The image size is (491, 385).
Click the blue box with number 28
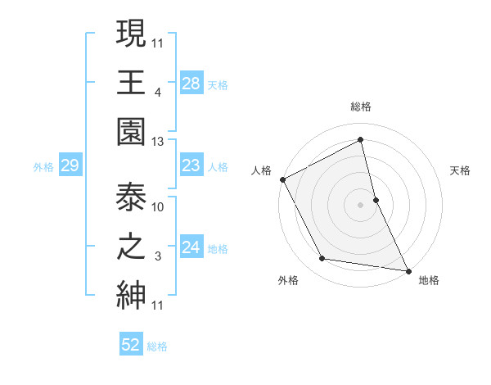[191, 84]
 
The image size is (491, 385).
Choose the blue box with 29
[70, 166]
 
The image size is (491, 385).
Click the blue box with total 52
[131, 346]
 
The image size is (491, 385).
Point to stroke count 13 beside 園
[158, 141]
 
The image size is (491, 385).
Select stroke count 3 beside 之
[157, 256]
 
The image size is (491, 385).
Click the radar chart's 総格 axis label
[361, 107]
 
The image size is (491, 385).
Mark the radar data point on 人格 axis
[282, 179]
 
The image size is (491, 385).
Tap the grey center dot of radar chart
[361, 205]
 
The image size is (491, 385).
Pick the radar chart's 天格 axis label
[461, 171]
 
